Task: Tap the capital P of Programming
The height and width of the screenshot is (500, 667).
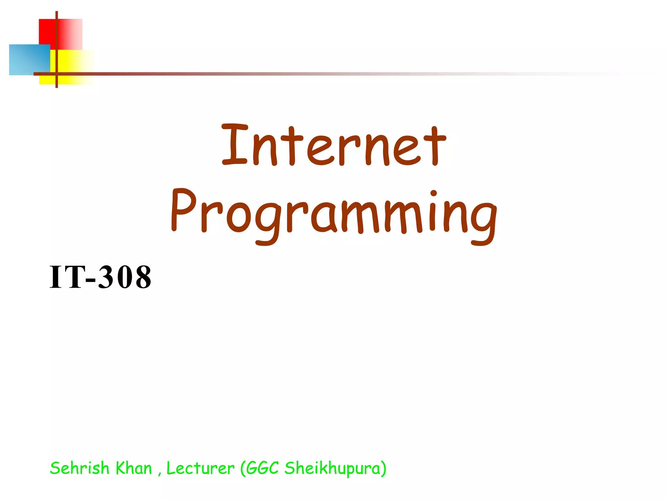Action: [184, 210]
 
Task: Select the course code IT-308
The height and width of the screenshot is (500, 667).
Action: [100, 277]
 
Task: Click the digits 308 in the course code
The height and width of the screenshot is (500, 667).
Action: [125, 277]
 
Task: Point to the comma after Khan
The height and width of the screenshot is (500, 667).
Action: [160, 474]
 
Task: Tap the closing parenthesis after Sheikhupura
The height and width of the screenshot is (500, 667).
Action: [384, 469]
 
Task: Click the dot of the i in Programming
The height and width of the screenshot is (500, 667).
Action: [433, 194]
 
